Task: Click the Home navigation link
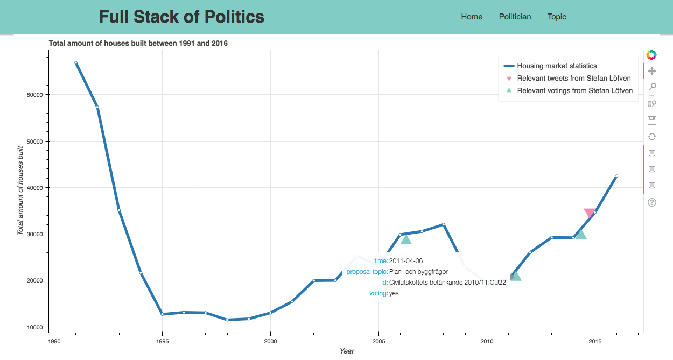point(472,17)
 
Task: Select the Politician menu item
point(515,17)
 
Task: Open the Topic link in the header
point(557,17)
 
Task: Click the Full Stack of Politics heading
point(181,17)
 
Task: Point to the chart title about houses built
point(138,43)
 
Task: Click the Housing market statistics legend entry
point(557,66)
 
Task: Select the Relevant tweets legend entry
point(574,79)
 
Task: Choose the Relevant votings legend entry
point(574,90)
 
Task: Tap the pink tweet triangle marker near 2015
point(590,213)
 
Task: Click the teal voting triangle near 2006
point(406,239)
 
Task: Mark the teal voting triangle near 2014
point(580,234)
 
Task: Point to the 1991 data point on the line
point(76,63)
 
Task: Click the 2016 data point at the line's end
point(616,176)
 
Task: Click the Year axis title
point(347,351)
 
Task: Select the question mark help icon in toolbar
point(651,202)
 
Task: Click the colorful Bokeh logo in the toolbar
point(651,54)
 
